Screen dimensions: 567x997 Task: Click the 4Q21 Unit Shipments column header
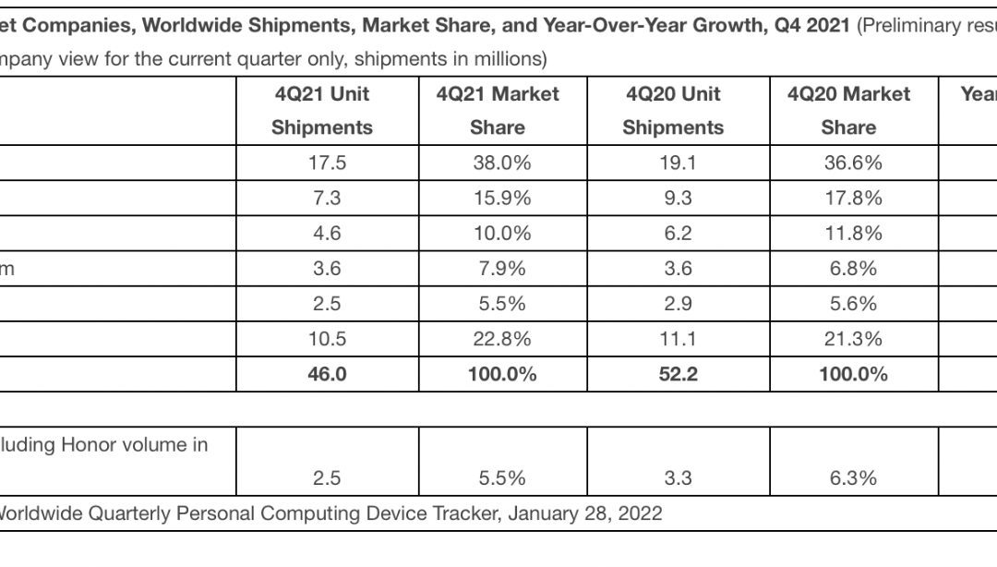[321, 111]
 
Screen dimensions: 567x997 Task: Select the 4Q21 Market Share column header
[498, 111]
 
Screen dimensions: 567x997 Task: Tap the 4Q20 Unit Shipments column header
[673, 111]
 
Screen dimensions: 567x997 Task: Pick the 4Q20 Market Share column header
[848, 111]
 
